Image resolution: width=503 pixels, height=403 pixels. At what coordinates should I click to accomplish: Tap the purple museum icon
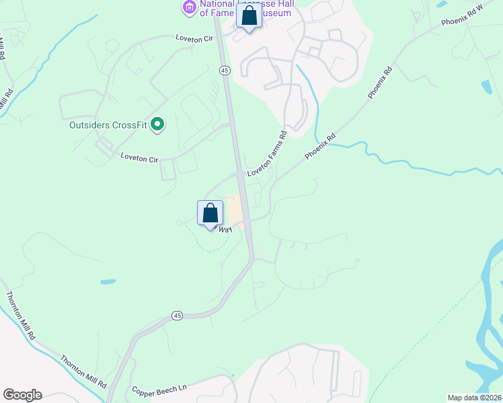coord(189,7)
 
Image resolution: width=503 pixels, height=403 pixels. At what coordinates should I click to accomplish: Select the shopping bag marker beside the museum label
coord(249,16)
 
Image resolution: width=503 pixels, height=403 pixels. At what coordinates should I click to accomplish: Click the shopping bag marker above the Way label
coord(210,214)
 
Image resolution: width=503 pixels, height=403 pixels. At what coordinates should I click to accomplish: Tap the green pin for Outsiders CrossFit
coord(157,124)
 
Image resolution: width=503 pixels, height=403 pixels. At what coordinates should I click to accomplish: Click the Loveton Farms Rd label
coord(267,154)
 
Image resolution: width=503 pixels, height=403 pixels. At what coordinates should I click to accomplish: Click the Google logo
coord(22,395)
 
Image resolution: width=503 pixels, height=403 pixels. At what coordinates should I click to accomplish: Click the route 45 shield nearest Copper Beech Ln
coord(177,315)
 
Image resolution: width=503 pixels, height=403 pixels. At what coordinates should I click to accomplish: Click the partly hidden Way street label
coord(225,230)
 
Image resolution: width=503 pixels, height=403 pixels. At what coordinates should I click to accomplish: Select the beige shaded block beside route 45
coord(234,210)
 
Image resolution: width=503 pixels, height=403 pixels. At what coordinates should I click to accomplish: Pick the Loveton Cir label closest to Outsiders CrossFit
coord(139,159)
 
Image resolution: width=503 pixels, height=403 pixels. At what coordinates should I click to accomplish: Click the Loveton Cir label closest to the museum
coord(194,38)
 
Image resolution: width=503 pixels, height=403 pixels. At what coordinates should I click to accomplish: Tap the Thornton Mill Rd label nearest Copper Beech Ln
coord(84,370)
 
